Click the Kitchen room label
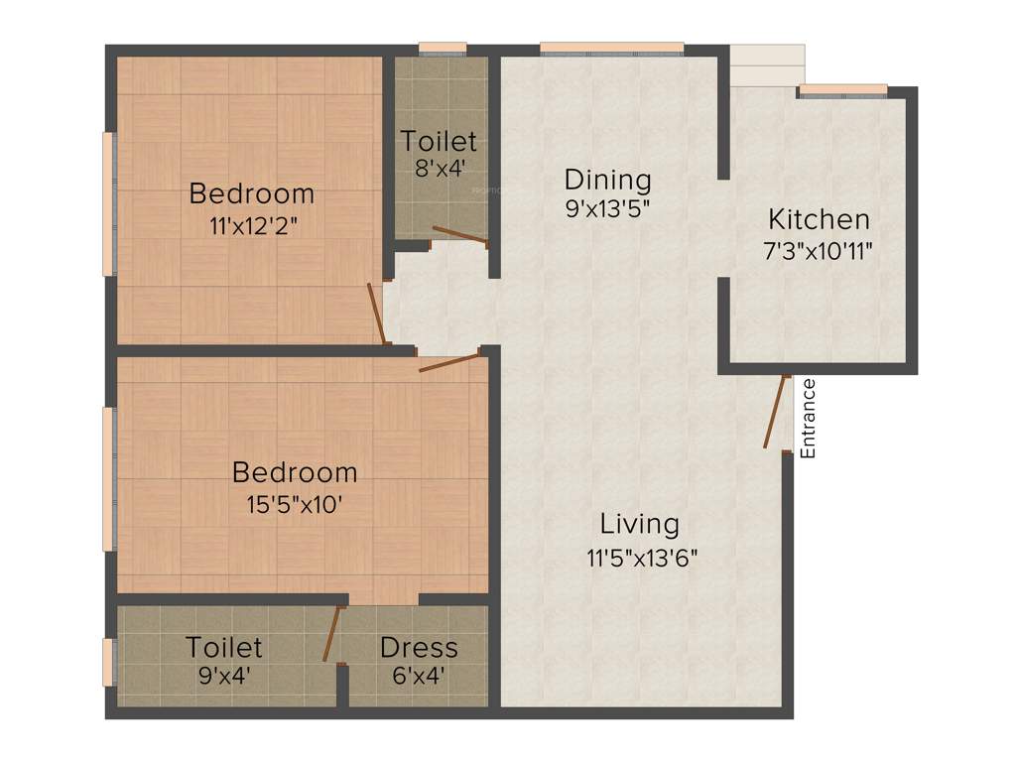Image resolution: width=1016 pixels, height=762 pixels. [x=820, y=219]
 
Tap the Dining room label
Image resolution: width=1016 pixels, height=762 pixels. [x=607, y=180]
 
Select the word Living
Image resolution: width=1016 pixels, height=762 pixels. [x=640, y=523]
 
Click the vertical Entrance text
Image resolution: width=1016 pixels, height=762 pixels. [x=808, y=418]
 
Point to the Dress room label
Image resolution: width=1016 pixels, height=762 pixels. [x=419, y=648]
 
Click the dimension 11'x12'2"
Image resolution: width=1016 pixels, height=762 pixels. [x=253, y=225]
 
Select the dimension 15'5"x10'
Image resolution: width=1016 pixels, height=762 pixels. [x=295, y=505]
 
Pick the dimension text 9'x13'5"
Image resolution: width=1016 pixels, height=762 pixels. [x=607, y=209]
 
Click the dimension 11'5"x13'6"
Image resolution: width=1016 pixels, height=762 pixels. [x=642, y=557]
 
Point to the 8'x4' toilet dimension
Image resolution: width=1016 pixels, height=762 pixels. [x=438, y=169]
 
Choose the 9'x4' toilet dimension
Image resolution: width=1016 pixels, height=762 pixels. [x=223, y=678]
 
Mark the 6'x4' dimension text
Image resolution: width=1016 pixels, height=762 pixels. [x=418, y=678]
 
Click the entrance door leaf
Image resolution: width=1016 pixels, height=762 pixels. [x=776, y=413]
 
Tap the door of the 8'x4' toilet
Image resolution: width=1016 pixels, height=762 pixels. [x=459, y=235]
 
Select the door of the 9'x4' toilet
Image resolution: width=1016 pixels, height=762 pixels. [x=332, y=633]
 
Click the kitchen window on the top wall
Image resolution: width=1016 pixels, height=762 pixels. [x=842, y=90]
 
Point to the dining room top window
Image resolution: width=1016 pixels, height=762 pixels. [x=611, y=48]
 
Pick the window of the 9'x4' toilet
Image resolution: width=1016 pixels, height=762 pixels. [x=108, y=662]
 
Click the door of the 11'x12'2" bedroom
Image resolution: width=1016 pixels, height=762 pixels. [x=376, y=314]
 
